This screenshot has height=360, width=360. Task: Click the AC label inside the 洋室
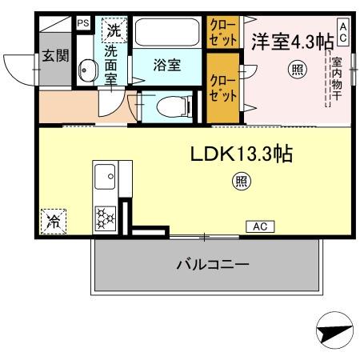pos(343,32)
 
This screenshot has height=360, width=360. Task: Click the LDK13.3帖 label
pos(240,154)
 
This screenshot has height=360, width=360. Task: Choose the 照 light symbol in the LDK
pos(239,182)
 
